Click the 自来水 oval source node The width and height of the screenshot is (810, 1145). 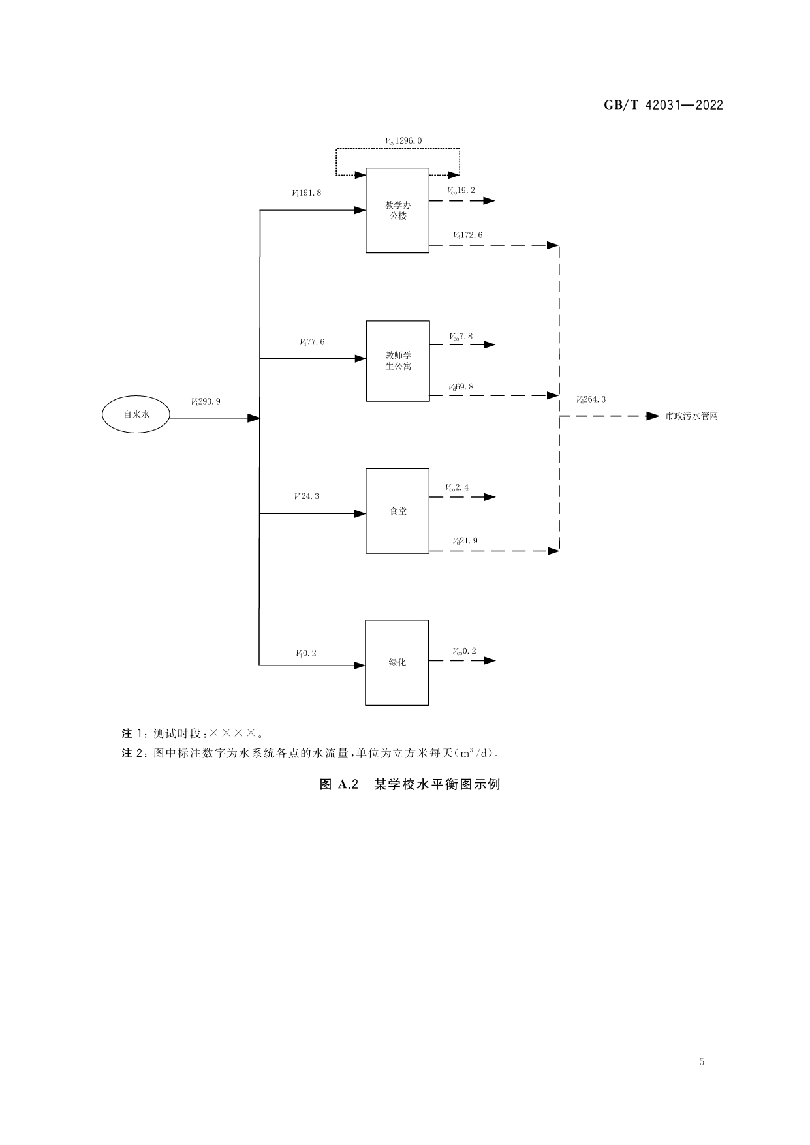(136, 415)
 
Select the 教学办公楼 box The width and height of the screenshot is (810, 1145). (397, 210)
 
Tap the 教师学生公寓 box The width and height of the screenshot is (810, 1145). (397, 361)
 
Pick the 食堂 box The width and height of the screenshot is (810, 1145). (397, 511)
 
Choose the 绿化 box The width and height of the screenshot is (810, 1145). (397, 662)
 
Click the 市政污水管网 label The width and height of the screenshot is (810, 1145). (691, 416)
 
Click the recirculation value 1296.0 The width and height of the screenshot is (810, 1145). (403, 140)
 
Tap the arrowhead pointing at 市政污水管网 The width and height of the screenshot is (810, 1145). (653, 416)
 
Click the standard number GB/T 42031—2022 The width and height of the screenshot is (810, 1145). (663, 106)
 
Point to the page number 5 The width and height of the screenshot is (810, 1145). (702, 1061)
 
